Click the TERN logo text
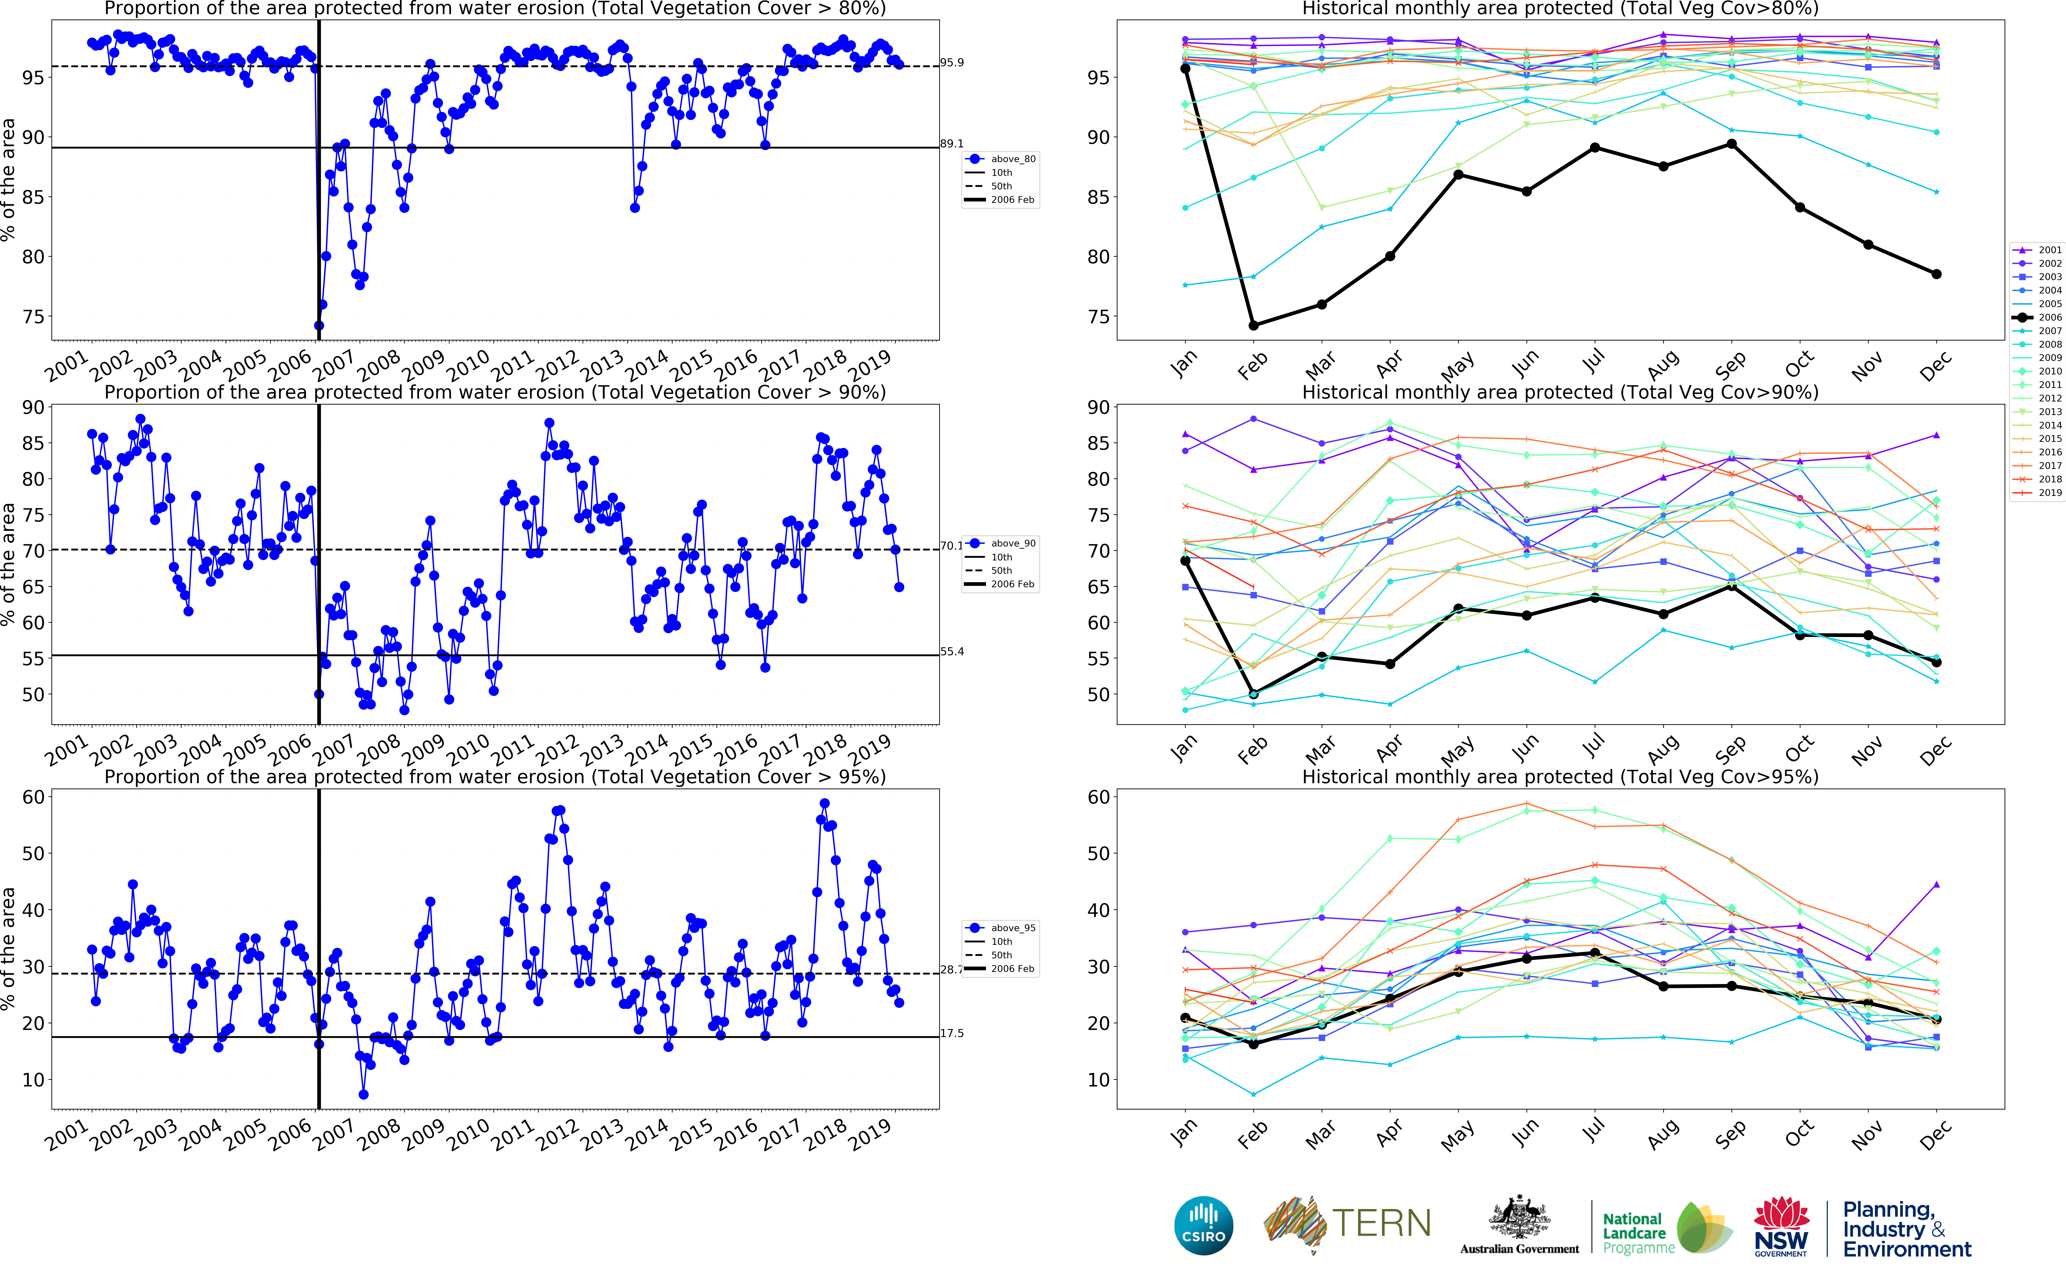click(1381, 1223)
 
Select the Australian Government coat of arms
click(1519, 1219)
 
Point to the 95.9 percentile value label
click(951, 63)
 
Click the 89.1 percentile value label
click(951, 144)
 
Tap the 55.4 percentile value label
click(951, 652)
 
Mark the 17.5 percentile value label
click(951, 1034)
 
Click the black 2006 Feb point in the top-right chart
click(1254, 325)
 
